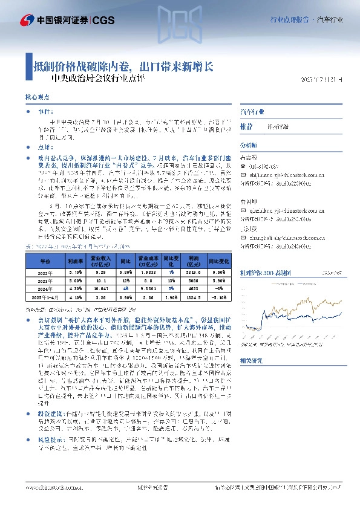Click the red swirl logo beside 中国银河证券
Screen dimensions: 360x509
coord(26,21)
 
